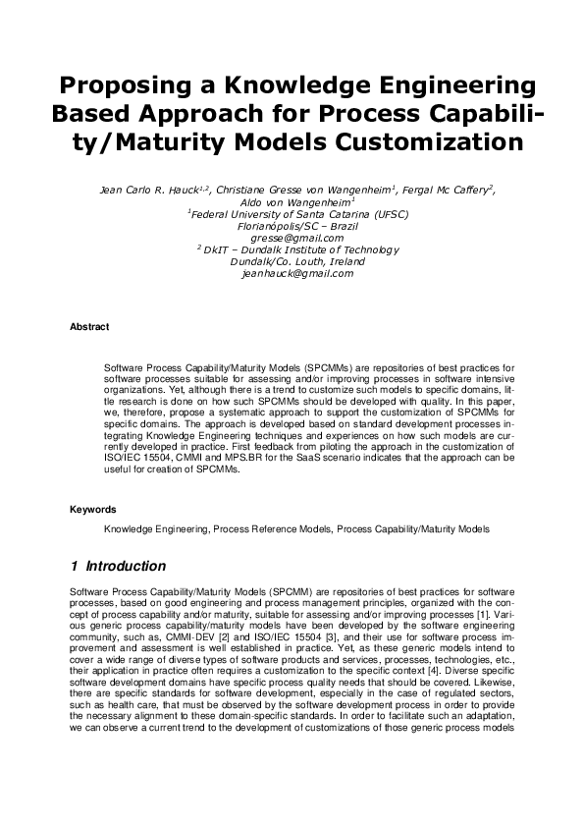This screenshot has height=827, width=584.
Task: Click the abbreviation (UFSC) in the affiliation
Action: click(x=385, y=213)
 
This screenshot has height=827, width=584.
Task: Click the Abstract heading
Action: click(x=89, y=326)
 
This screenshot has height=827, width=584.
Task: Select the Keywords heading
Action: click(x=93, y=510)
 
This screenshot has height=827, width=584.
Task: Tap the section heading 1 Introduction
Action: click(x=118, y=567)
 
